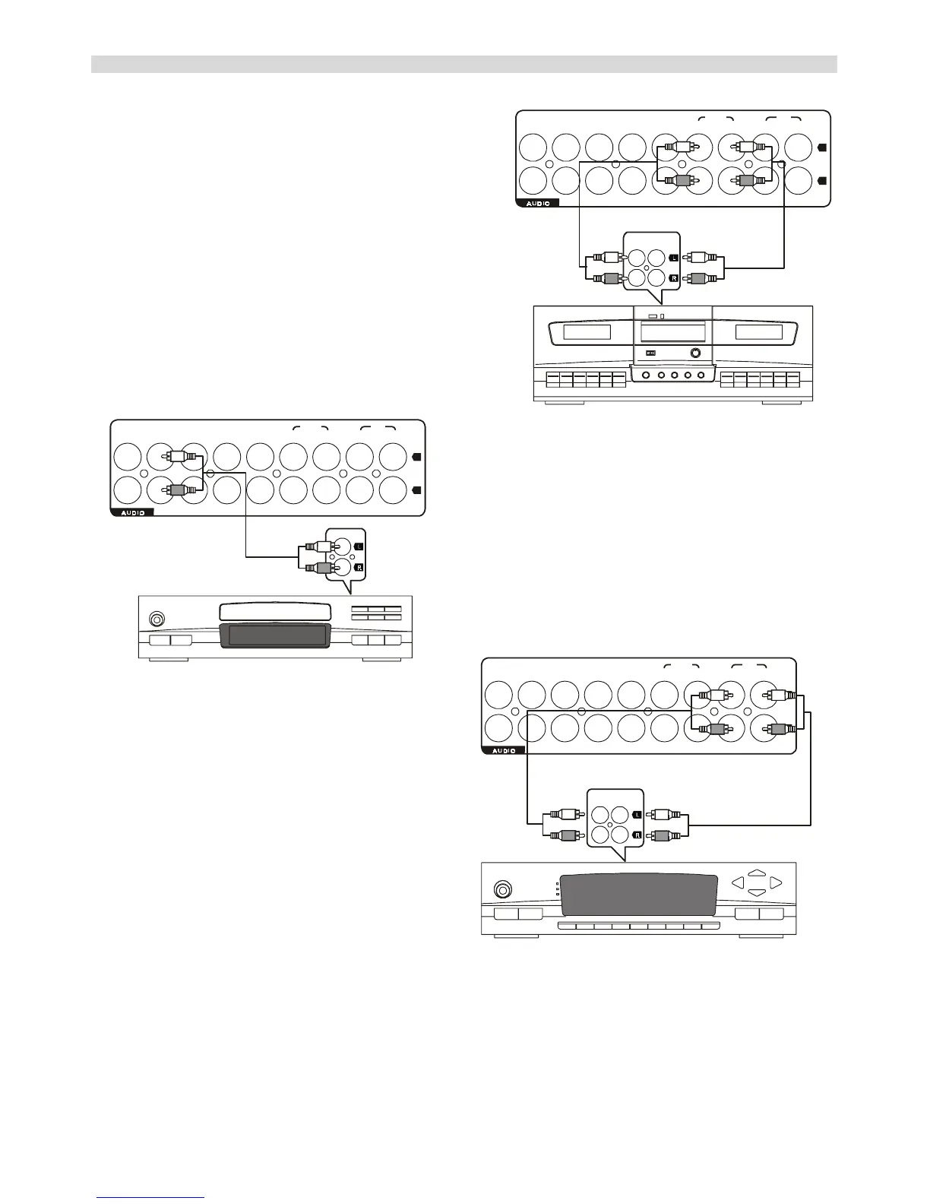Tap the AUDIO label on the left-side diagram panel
pos(133,512)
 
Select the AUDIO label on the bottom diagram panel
pos(504,750)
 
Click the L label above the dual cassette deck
pos(673,258)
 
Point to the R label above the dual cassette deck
pos(673,278)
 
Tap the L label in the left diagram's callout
pos(359,546)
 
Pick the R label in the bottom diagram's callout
pos(637,835)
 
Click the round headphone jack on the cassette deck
pos(695,353)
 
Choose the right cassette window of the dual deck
pos(758,331)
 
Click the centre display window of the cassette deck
pos(673,331)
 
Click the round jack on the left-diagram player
pos(157,619)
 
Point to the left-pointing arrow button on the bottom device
pos(736,882)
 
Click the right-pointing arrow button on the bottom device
pos(775,882)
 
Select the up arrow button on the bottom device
pos(756,873)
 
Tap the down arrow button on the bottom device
pos(756,892)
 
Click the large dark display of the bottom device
pos(638,895)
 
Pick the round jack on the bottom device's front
pos(502,889)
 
